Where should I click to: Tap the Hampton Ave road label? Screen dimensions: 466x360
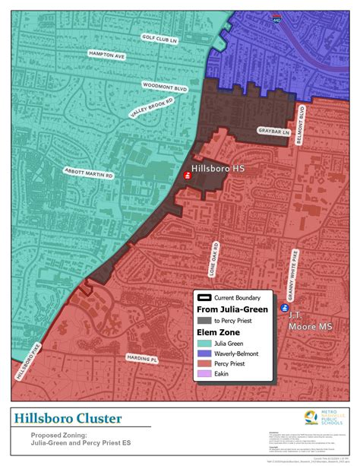(85, 55)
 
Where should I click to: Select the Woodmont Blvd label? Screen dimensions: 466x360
(165, 87)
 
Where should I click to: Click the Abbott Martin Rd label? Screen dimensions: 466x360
(88, 174)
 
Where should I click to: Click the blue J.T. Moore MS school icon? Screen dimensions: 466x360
(285, 309)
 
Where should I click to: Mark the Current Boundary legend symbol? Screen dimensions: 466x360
(205, 298)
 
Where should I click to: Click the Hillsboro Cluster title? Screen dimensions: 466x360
(67, 419)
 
